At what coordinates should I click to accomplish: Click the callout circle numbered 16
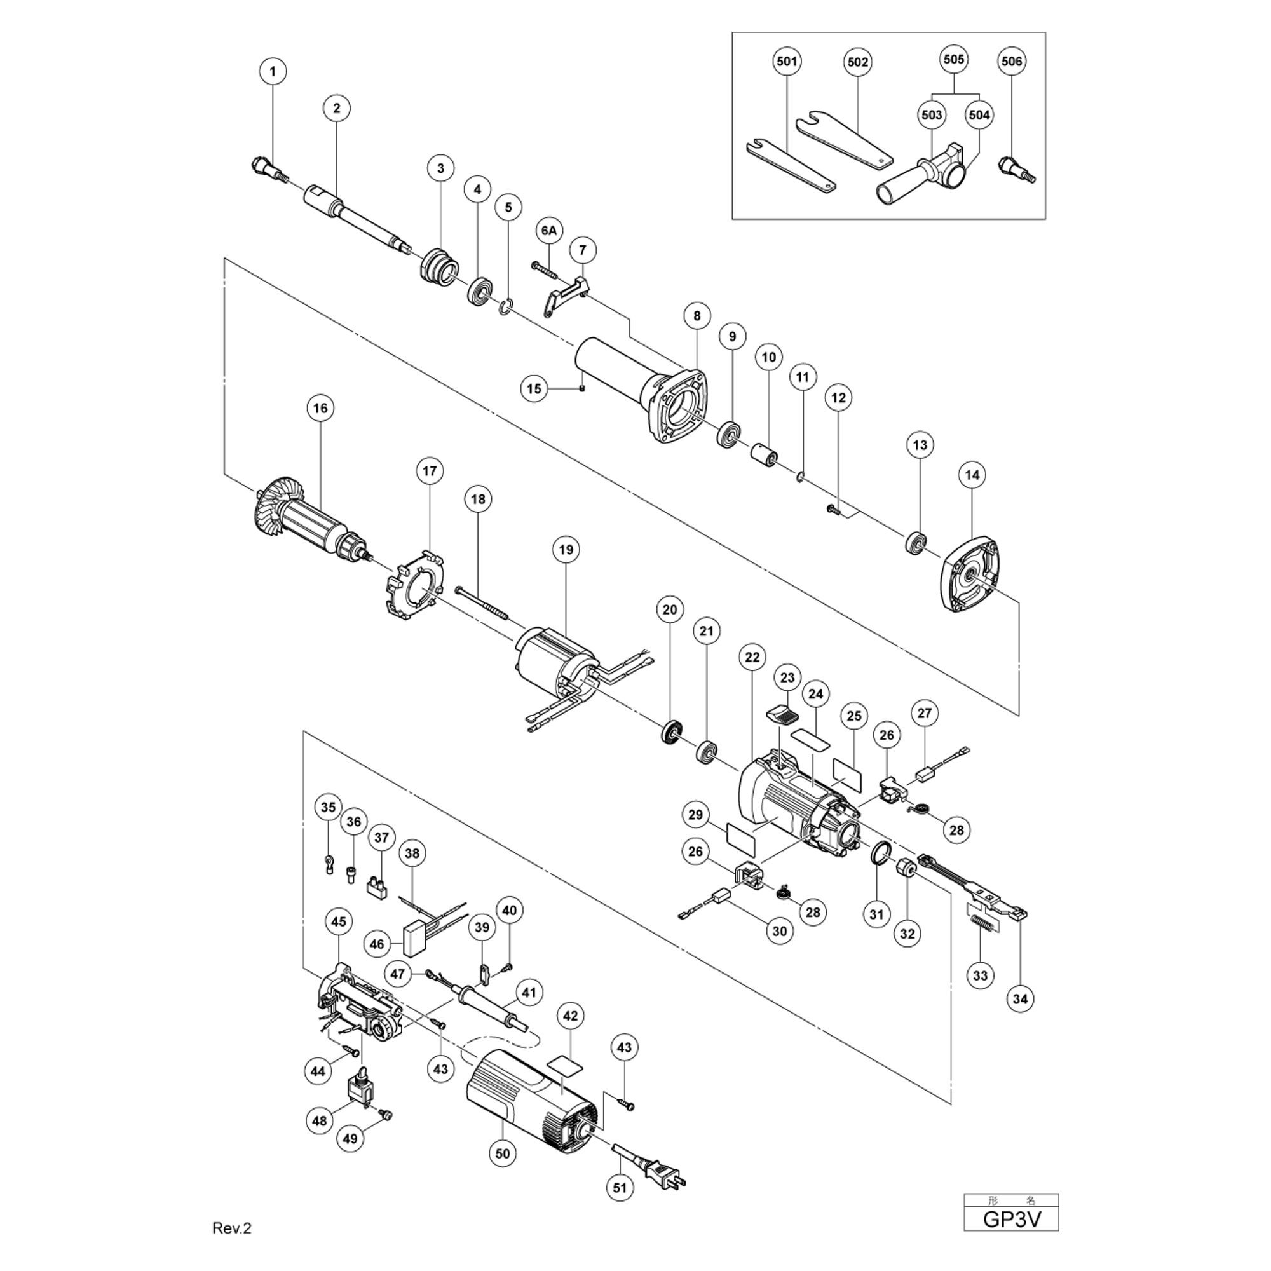tap(320, 409)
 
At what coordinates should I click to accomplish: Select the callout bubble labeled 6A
tap(548, 231)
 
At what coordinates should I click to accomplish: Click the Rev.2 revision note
tap(231, 1228)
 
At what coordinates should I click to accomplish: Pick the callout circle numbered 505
tap(954, 60)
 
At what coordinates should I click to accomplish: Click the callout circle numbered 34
tap(1020, 998)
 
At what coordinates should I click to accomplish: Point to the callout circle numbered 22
tap(752, 656)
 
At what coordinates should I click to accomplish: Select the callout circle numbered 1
tap(273, 71)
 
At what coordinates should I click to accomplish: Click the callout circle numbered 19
tap(566, 549)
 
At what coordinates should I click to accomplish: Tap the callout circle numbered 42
tap(571, 1016)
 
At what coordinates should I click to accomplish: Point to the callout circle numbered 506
tap(1011, 61)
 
